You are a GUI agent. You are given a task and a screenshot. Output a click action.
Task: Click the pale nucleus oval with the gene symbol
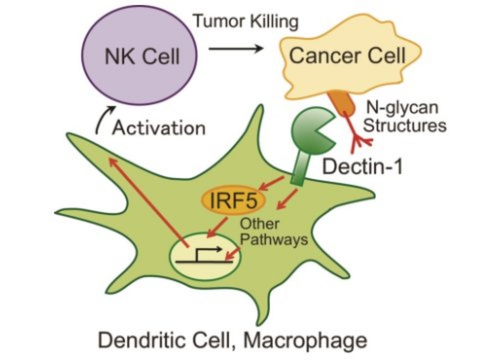click(x=205, y=259)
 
